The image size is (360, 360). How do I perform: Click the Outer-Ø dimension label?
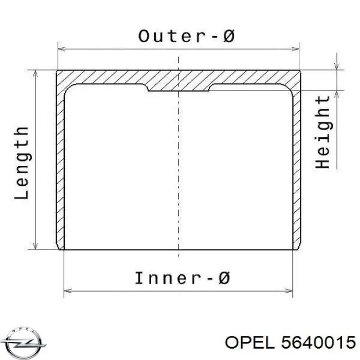point(186,37)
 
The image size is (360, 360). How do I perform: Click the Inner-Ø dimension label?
point(183,278)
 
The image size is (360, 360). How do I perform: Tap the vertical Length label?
point(22,163)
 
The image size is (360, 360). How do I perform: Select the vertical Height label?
point(322,132)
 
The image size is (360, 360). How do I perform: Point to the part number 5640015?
point(318,343)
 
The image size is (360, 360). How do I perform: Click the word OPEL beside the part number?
point(251,343)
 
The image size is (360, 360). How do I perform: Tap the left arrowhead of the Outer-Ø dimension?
point(61,49)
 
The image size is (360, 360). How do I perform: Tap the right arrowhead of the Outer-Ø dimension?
point(295,49)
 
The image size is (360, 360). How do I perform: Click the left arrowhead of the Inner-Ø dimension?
point(67,291)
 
